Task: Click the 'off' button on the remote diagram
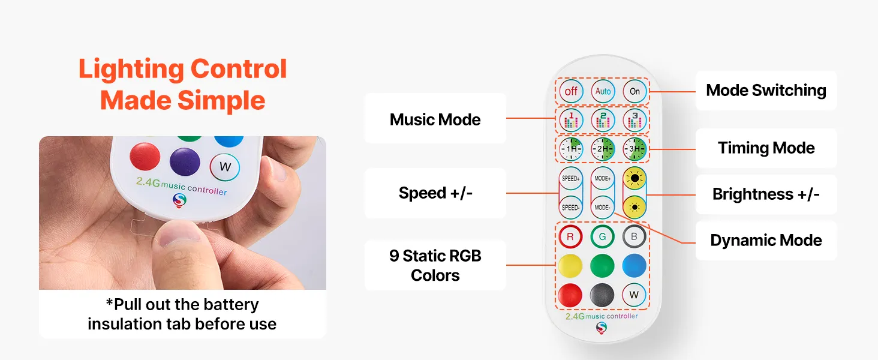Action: coord(571,91)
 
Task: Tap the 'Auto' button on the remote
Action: coord(603,91)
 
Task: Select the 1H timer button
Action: coord(571,149)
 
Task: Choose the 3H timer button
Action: coord(635,149)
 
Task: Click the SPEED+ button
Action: coord(571,178)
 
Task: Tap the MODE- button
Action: coord(603,208)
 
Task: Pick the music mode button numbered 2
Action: coord(603,120)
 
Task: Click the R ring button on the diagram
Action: coord(570,236)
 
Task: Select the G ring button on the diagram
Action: coord(603,236)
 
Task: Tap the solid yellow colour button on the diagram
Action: coord(570,265)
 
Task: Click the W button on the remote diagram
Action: coord(634,295)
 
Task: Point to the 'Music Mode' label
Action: coord(435,119)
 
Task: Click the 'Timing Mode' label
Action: coord(766,148)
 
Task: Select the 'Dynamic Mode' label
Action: coord(766,240)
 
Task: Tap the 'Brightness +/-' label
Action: coord(766,194)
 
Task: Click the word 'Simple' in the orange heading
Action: coord(221,100)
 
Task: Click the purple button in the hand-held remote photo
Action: coord(185,161)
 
